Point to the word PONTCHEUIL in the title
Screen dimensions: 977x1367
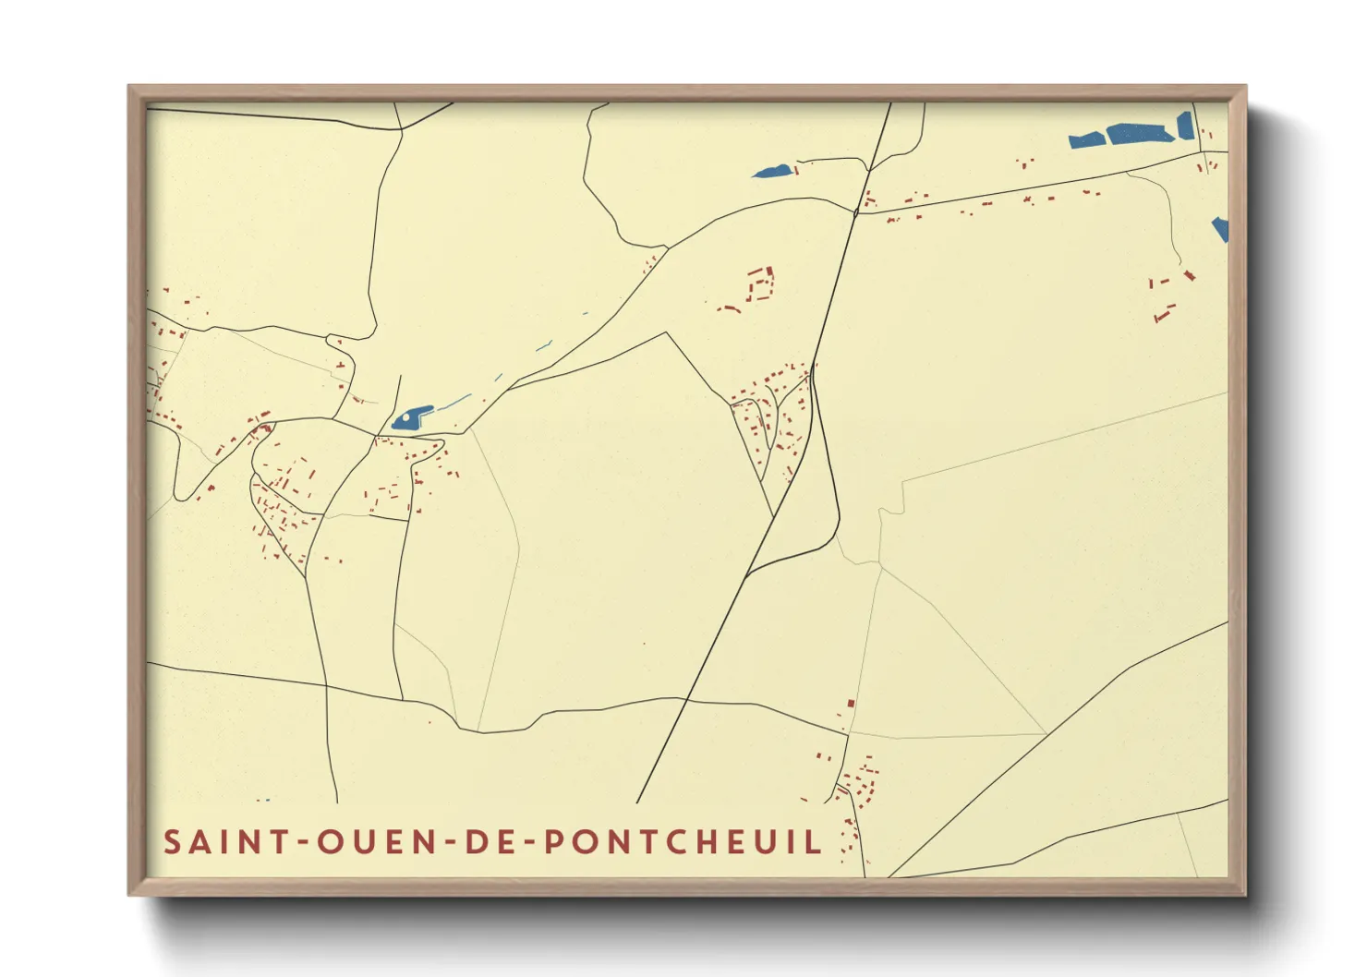pyautogui.click(x=682, y=842)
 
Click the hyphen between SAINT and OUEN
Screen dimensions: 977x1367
pyautogui.click(x=301, y=842)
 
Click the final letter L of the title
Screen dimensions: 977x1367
pyautogui.click(x=813, y=842)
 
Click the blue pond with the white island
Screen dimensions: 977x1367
pyautogui.click(x=411, y=418)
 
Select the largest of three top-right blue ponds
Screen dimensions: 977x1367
pyautogui.click(x=1140, y=134)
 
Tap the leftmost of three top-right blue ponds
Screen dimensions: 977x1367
pyautogui.click(x=1087, y=140)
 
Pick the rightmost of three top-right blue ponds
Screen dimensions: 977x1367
pyautogui.click(x=1185, y=126)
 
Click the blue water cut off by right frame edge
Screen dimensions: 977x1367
pyautogui.click(x=1221, y=228)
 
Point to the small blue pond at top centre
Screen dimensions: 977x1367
pyautogui.click(x=772, y=172)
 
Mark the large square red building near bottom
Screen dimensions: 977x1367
pyautogui.click(x=851, y=704)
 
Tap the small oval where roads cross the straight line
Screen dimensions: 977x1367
pyautogui.click(x=856, y=212)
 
